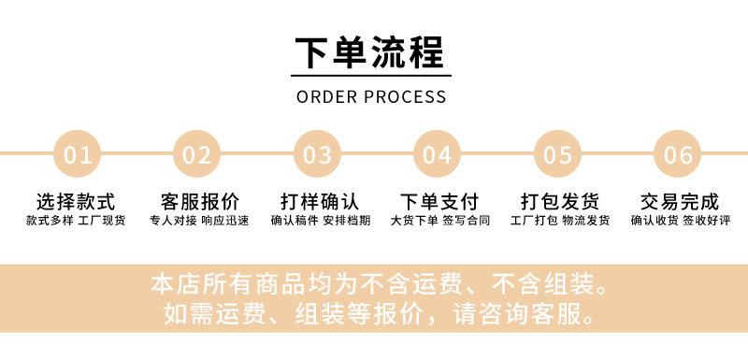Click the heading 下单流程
(x=371, y=52)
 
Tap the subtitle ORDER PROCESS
(x=371, y=96)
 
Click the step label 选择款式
(x=76, y=202)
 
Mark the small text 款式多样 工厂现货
(x=76, y=222)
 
